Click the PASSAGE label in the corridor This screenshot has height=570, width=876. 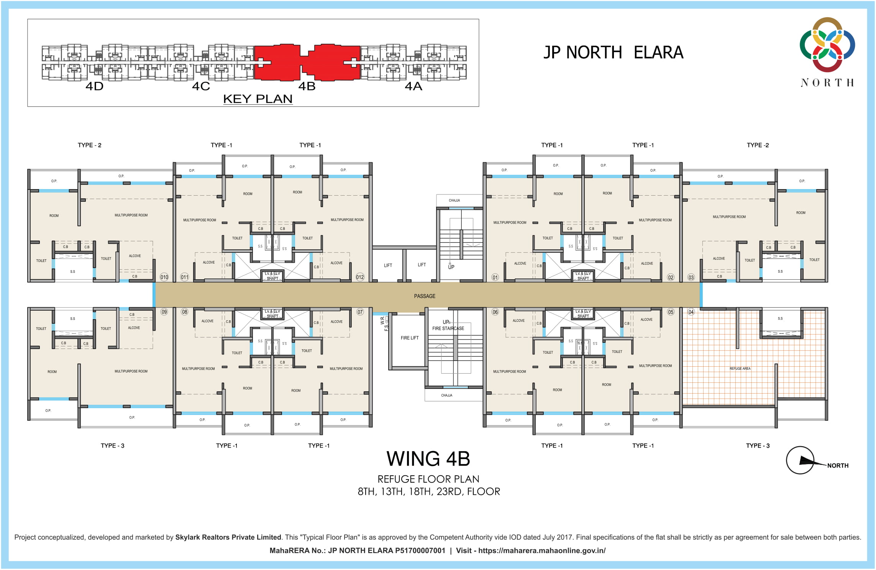pyautogui.click(x=425, y=296)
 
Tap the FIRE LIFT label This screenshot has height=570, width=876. pyautogui.click(x=410, y=338)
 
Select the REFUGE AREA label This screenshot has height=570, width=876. pyautogui.click(x=740, y=369)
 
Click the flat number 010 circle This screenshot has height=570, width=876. pyautogui.click(x=164, y=277)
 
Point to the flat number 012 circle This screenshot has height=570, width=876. pyautogui.click(x=360, y=277)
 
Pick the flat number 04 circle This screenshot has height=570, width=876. pyautogui.click(x=691, y=312)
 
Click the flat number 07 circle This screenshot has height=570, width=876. pyautogui.click(x=360, y=312)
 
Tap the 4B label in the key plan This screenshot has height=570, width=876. pyautogui.click(x=307, y=86)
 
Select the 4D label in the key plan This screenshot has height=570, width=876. pyautogui.click(x=94, y=86)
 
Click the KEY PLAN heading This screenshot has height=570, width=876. pyautogui.click(x=258, y=99)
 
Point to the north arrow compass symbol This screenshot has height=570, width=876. pyautogui.click(x=800, y=460)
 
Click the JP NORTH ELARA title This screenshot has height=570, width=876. pyautogui.click(x=613, y=53)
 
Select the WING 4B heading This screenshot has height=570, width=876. pyautogui.click(x=428, y=459)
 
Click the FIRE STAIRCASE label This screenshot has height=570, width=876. pyautogui.click(x=448, y=328)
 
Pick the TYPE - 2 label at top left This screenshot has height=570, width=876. pyautogui.click(x=89, y=145)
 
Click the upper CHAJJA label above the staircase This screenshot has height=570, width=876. pyautogui.click(x=454, y=201)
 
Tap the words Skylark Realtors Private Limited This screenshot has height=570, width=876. pyautogui.click(x=228, y=537)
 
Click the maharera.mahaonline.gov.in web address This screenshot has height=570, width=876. pyautogui.click(x=542, y=551)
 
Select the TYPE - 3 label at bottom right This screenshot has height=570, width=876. pyautogui.click(x=758, y=446)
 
